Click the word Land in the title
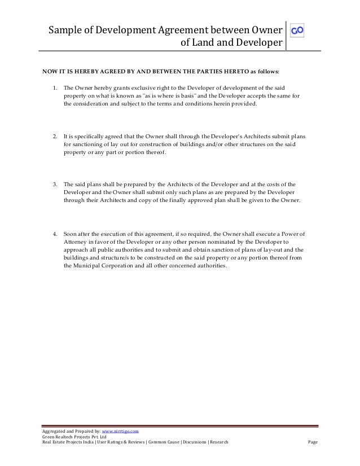coord(203,42)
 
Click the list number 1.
coord(54,89)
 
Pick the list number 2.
coord(54,136)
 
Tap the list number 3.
coord(54,184)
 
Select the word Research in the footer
coord(218,442)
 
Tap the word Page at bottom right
coord(313,442)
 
